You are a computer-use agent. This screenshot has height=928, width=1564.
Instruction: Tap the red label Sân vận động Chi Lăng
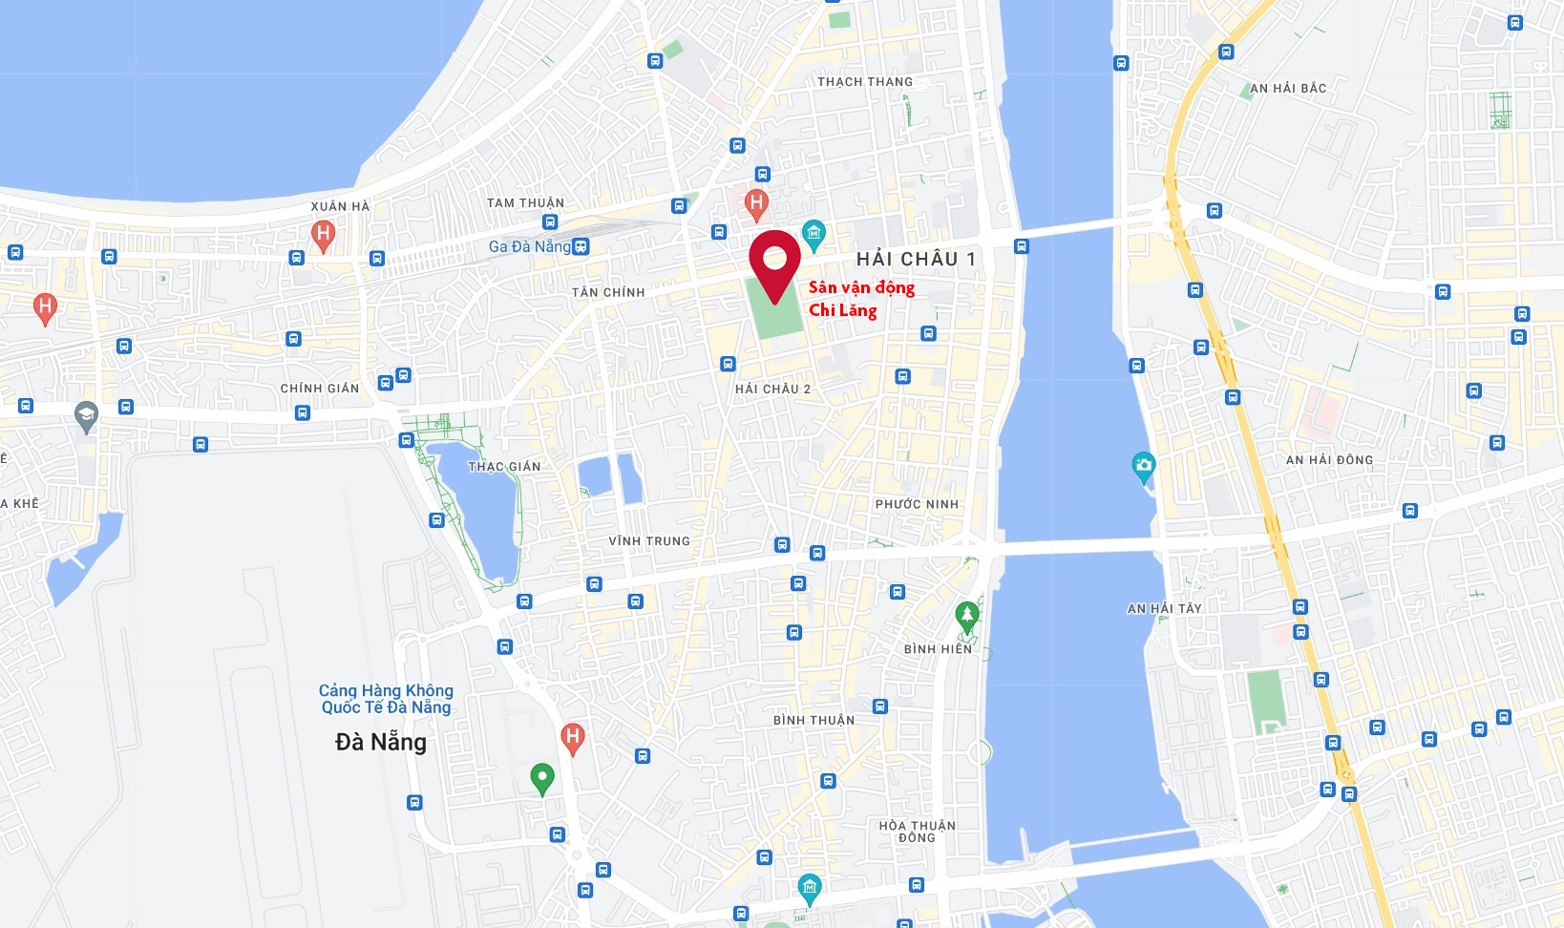(x=860, y=298)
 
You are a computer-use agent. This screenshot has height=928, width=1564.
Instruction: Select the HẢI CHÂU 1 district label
(x=916, y=259)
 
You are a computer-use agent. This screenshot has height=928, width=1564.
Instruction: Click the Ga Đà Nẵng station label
(x=529, y=246)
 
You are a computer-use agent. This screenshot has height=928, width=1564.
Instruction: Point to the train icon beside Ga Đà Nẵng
(x=581, y=246)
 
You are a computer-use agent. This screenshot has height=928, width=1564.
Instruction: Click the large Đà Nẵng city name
(x=381, y=742)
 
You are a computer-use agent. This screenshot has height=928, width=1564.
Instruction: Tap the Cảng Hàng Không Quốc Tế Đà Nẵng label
(x=386, y=699)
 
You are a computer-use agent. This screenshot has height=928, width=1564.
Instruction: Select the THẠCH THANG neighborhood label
(x=865, y=82)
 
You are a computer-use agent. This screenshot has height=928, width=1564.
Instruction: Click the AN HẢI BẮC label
(x=1288, y=89)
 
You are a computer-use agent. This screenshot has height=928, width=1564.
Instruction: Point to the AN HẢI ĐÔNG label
(x=1329, y=460)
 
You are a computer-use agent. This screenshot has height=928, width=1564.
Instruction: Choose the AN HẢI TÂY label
(x=1164, y=608)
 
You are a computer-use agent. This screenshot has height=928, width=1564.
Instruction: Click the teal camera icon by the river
(x=1143, y=467)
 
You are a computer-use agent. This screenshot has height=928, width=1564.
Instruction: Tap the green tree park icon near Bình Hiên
(x=966, y=616)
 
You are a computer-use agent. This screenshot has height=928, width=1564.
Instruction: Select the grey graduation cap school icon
(x=87, y=416)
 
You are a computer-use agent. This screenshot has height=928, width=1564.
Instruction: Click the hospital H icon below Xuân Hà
(x=323, y=234)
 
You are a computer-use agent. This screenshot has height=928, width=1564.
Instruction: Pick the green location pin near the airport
(x=541, y=777)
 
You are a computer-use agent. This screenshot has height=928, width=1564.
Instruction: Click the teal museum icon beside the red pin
(x=814, y=232)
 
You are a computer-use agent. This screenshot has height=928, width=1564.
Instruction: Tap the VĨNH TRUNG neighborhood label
(x=649, y=541)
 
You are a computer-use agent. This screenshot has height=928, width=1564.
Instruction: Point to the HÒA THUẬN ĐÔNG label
(x=917, y=832)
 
